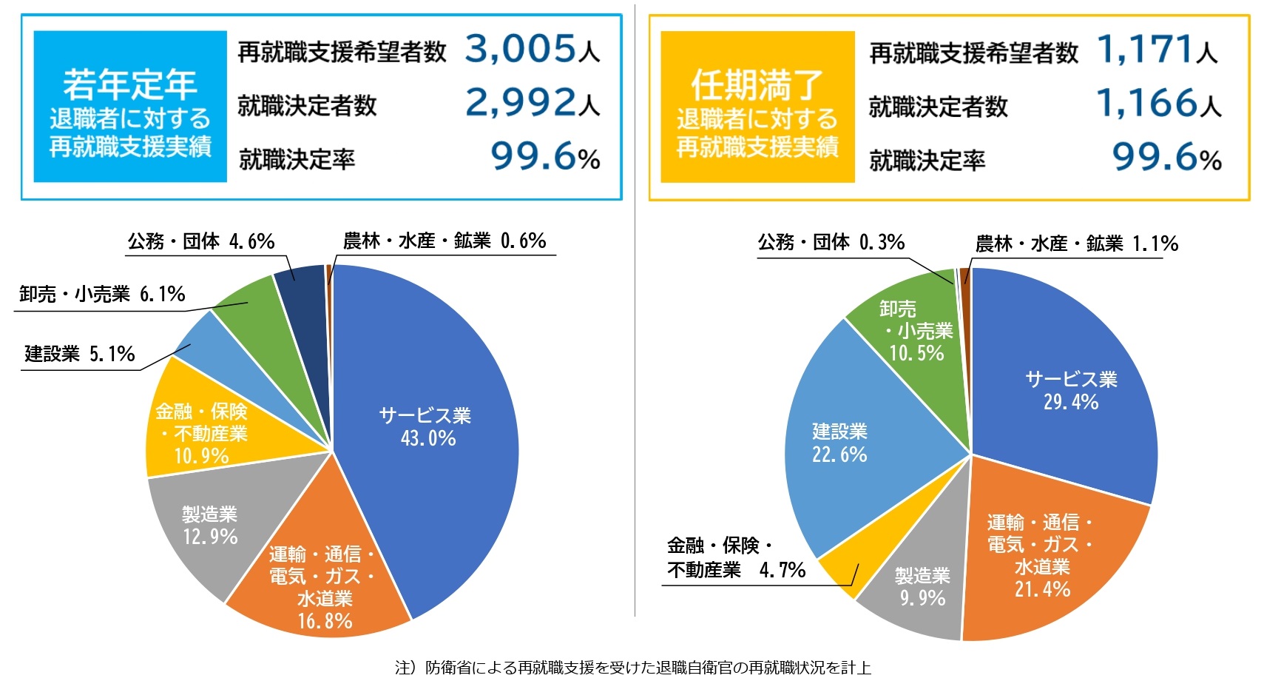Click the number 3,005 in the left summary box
(521, 49)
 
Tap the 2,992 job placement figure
(521, 103)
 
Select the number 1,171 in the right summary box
(1145, 50)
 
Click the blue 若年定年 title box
(130, 107)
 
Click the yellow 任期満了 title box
(757, 107)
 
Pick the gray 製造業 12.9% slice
(210, 526)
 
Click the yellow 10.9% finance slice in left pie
(201, 433)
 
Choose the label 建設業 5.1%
(80, 355)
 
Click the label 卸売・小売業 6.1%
(102, 295)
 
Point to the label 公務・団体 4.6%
(200, 242)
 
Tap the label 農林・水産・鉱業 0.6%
(444, 241)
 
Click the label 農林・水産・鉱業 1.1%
(1076, 244)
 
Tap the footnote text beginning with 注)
(632, 668)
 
